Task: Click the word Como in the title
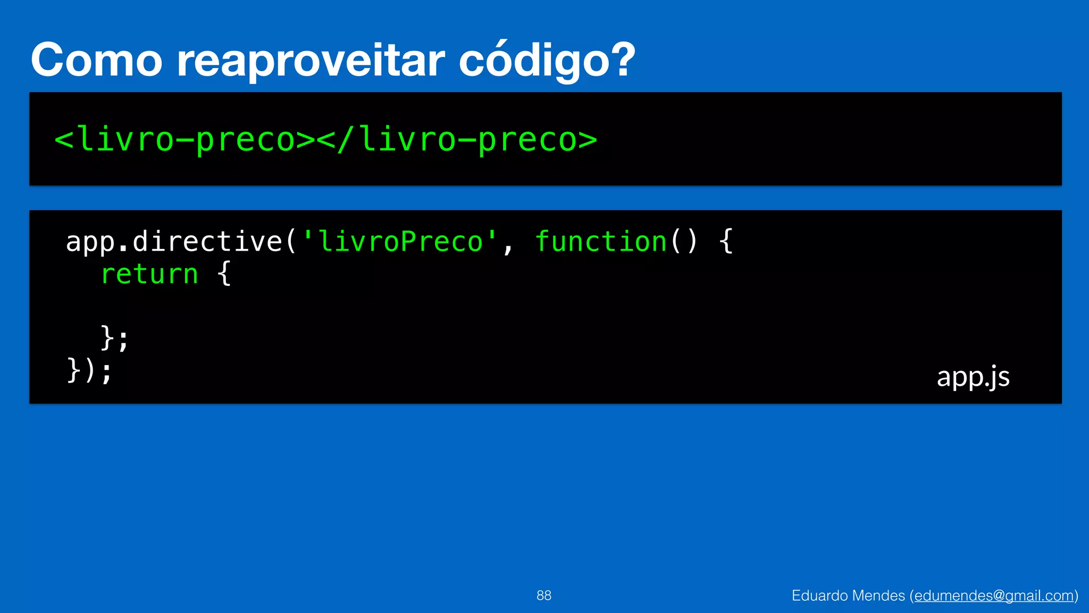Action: pyautogui.click(x=96, y=60)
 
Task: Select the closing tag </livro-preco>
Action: pyautogui.click(x=457, y=140)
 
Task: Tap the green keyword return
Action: pyautogui.click(x=149, y=275)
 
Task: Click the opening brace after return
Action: pyautogui.click(x=224, y=275)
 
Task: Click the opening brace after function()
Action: pyautogui.click(x=726, y=242)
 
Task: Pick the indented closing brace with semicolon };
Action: pyautogui.click(x=114, y=338)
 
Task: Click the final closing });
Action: pyautogui.click(x=89, y=371)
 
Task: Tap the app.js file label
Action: pyautogui.click(x=973, y=377)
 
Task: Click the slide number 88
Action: pyautogui.click(x=543, y=595)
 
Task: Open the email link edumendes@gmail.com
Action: pyautogui.click(x=994, y=595)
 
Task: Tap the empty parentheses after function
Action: pyautogui.click(x=684, y=242)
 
